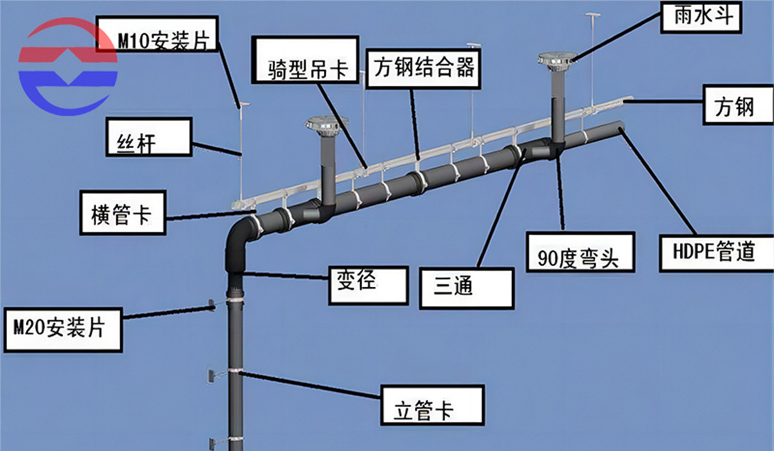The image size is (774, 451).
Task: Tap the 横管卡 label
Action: [122, 212]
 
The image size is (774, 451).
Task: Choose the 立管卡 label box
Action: [432, 406]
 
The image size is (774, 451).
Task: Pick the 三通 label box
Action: [466, 287]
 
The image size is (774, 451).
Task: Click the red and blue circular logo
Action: [68, 68]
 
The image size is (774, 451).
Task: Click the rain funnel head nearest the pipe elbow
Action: [325, 123]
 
